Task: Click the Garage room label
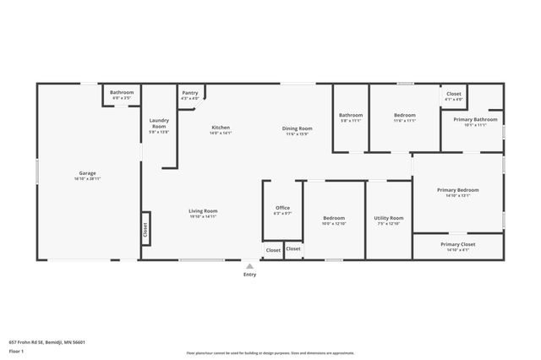point(88,173)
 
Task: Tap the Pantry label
point(190,94)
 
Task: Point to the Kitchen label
point(221,128)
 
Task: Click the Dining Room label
point(297,128)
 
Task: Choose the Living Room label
point(203,210)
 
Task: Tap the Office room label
point(282,208)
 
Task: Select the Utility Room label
point(389,218)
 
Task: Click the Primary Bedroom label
point(458,190)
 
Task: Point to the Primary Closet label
point(458,244)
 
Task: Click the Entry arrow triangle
point(249,266)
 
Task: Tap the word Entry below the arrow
point(249,275)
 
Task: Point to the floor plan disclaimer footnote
point(270,352)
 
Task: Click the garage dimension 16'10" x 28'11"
point(88,179)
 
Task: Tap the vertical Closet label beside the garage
point(145,228)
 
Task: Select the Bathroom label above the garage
point(122,92)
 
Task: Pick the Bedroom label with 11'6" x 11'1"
point(405,115)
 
